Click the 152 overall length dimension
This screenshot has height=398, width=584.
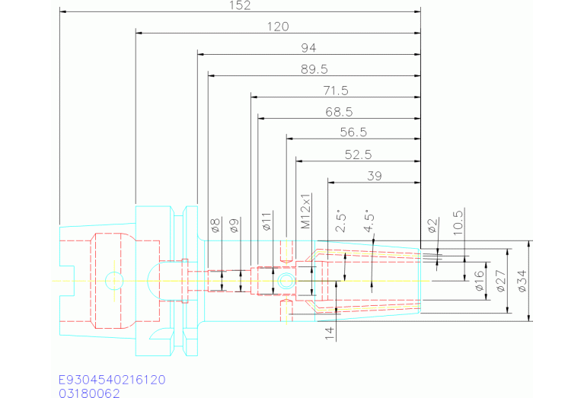tap(240, 5)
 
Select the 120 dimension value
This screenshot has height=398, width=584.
tap(278, 27)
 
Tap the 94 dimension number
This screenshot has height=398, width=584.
tap(308, 48)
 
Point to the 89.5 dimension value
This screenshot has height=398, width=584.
tap(314, 69)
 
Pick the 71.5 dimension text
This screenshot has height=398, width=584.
tap(335, 91)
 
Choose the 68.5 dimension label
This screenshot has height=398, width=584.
tap(338, 112)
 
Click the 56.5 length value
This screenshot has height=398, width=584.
tap(353, 132)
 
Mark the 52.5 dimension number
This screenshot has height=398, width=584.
tap(358, 154)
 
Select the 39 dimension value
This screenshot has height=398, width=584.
tap(374, 176)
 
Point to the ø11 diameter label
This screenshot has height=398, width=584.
tap(266, 221)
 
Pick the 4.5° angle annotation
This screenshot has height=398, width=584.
tap(369, 221)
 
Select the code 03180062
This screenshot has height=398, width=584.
tap(90, 393)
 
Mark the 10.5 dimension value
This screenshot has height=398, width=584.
tap(458, 222)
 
